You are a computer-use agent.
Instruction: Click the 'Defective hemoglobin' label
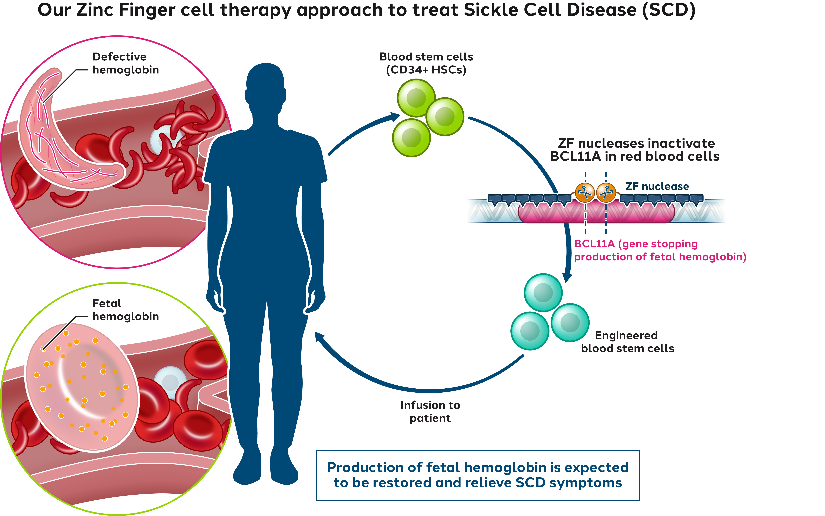[x=125, y=63]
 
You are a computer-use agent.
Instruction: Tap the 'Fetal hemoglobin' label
[x=125, y=310]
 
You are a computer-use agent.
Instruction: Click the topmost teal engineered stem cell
[x=543, y=292]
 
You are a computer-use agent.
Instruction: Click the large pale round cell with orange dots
[x=82, y=387]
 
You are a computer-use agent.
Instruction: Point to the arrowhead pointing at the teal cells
[x=567, y=276]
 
